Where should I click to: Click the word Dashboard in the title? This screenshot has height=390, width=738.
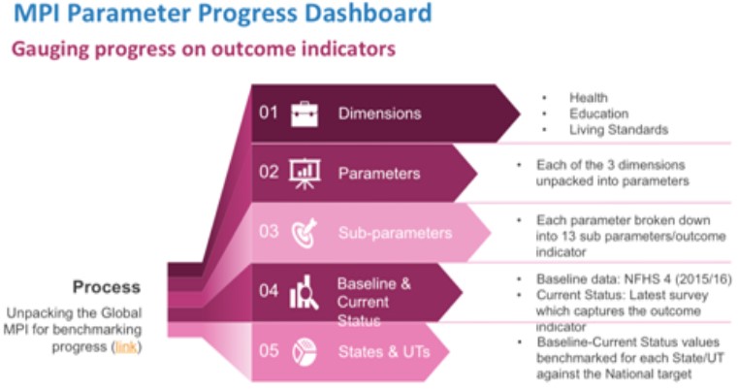[x=369, y=13]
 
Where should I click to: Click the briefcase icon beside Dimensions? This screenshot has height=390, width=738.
[x=305, y=114]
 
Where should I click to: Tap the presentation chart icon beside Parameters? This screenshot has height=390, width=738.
[x=305, y=174]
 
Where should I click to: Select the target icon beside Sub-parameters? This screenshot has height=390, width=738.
[x=305, y=233]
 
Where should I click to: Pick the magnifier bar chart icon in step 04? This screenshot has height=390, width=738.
[x=304, y=293]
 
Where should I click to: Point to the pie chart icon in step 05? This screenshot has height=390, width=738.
[x=304, y=352]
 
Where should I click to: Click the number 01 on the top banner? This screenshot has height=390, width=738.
[x=269, y=113]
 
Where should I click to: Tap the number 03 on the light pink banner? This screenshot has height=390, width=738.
[x=269, y=231]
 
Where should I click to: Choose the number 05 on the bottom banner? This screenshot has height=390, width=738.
[x=269, y=350]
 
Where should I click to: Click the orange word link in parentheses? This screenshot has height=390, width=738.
[x=126, y=347]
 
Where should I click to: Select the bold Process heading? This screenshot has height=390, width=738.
[x=107, y=287]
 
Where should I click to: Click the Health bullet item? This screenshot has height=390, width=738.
[x=589, y=97]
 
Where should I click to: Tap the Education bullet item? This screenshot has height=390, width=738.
[x=598, y=114]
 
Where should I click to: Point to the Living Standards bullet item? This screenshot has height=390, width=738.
[x=619, y=130]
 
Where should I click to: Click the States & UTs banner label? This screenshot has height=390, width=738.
[x=384, y=352]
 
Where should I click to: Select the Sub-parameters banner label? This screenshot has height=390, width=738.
[x=395, y=233]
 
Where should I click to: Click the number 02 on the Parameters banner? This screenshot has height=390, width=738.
[x=269, y=172]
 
